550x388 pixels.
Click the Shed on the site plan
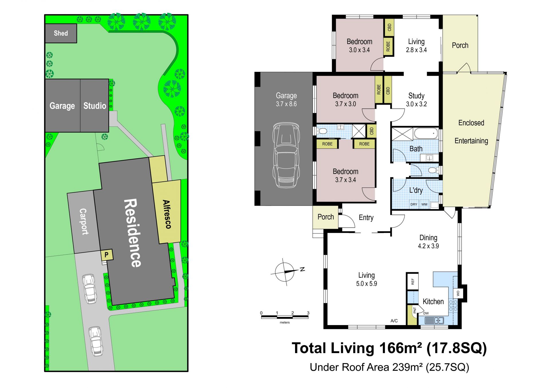click(x=61, y=33)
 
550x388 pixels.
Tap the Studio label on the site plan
click(x=95, y=106)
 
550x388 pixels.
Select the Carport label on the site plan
click(x=83, y=221)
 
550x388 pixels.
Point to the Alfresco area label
click(x=167, y=214)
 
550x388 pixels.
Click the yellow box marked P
click(x=107, y=255)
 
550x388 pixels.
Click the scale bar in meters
click(x=285, y=317)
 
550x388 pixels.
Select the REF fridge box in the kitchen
click(x=412, y=282)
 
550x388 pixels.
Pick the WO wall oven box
click(x=458, y=293)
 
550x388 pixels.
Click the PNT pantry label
click(x=415, y=310)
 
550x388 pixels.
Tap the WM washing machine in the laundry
click(x=424, y=204)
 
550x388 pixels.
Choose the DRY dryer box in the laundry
click(x=414, y=204)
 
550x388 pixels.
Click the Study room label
click(x=416, y=96)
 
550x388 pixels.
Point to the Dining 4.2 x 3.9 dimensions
click(x=428, y=246)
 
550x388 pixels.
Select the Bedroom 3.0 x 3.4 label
click(x=359, y=46)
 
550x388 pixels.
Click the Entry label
click(x=366, y=218)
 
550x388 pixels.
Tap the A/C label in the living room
click(x=394, y=321)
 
